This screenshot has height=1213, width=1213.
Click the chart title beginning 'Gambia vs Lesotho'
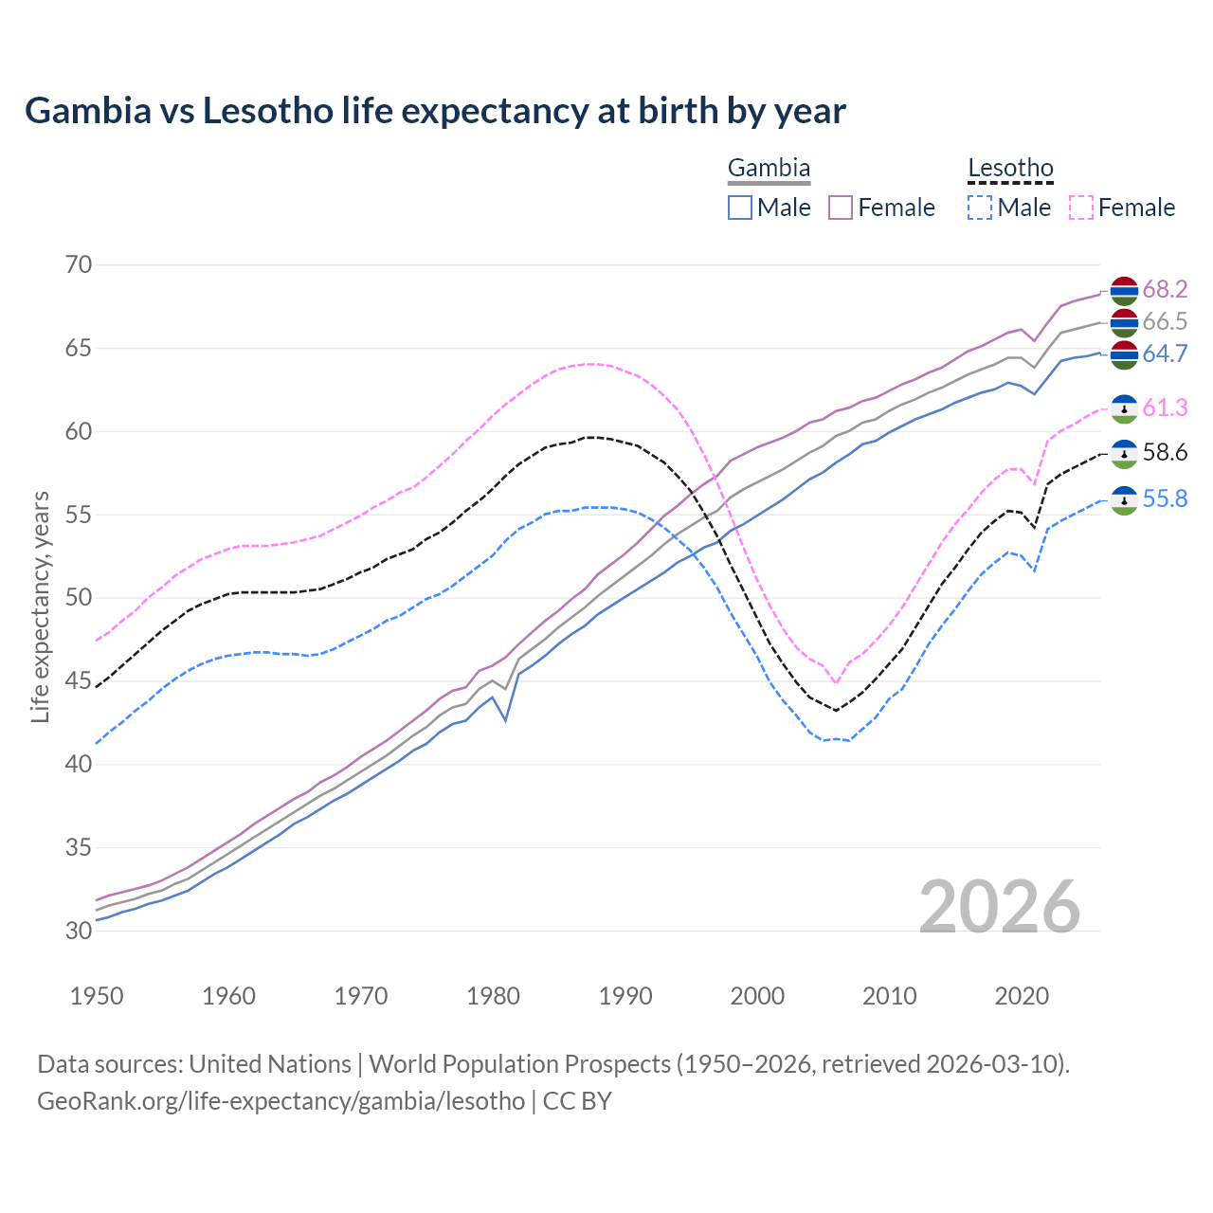coord(435,111)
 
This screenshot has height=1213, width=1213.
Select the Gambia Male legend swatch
coord(740,208)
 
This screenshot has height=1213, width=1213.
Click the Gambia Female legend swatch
coord(842,208)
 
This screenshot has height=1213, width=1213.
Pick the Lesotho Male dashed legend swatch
coord(980,208)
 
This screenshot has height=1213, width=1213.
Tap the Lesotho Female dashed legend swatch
coord(1081,208)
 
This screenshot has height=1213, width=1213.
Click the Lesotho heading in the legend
coord(1010,169)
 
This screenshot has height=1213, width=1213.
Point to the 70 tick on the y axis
coord(79,264)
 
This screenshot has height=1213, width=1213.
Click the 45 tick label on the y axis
coord(79,680)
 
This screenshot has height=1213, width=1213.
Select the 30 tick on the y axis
coord(79,931)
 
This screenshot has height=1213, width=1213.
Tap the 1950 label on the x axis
coord(97,996)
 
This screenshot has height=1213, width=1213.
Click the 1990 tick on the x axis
coord(625,996)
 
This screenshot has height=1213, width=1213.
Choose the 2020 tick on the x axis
coord(1022,996)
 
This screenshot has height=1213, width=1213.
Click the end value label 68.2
coord(1165,289)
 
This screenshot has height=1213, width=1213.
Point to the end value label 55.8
coord(1165,498)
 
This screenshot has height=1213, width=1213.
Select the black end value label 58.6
coord(1165,453)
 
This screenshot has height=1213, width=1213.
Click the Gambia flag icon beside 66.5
coord(1124,322)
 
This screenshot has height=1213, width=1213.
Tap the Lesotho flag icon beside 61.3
coord(1124,408)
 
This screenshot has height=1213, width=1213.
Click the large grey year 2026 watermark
coord(1000,907)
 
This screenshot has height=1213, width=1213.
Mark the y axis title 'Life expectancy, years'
coord(40,606)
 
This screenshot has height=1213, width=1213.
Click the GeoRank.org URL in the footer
coord(281,1101)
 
